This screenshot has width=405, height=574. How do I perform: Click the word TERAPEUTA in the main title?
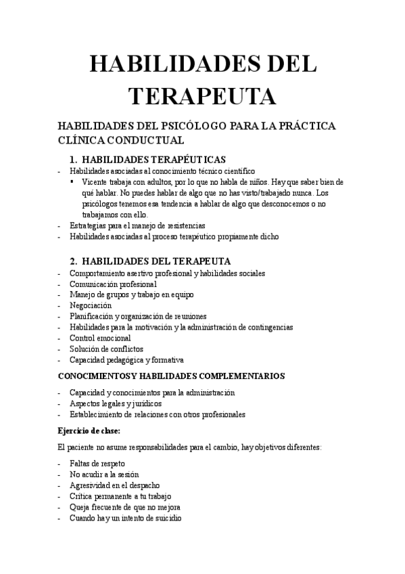202,96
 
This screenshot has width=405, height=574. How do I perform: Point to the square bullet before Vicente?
72,182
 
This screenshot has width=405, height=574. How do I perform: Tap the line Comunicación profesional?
113,284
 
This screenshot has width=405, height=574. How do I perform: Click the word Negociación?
91,306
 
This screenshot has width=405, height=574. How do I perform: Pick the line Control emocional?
100,338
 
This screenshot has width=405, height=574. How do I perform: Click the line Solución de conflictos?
106,349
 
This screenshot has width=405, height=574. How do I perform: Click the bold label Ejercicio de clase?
89,430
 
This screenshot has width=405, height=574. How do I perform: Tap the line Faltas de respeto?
97,464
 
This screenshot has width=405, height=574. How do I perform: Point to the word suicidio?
165,518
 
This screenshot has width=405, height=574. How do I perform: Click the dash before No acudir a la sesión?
60,475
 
